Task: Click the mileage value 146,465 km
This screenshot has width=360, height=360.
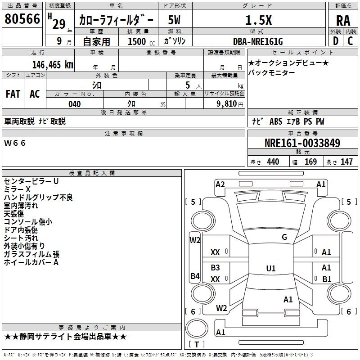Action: [x=52, y=64]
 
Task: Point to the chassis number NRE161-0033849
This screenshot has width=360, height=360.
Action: [x=302, y=144]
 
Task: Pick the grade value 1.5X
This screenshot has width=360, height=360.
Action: [x=258, y=20]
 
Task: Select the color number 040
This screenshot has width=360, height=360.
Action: [x=75, y=104]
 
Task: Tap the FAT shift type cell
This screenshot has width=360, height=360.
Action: [x=13, y=94]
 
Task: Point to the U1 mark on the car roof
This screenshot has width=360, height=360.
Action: [x=270, y=268]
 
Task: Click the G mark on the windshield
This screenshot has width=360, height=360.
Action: [x=284, y=237]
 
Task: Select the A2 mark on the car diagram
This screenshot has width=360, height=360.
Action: [x=220, y=184]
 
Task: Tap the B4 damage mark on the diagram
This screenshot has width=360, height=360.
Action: [x=195, y=276]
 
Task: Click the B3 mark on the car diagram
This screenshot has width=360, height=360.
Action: [x=216, y=267]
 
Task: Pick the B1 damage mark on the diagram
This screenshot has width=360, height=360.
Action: [x=327, y=279]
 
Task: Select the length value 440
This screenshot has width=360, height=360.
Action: [x=273, y=162]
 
